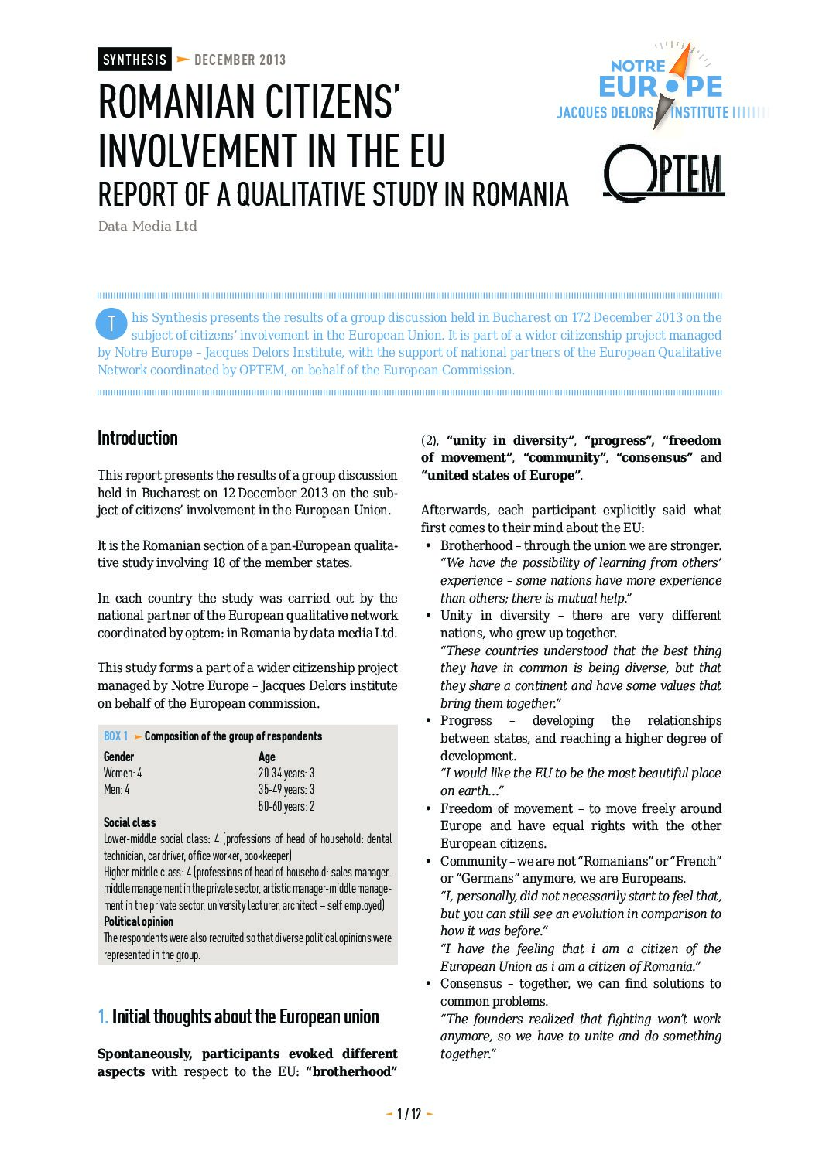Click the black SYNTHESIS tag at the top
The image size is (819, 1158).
click(134, 60)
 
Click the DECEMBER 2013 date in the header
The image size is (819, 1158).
click(240, 60)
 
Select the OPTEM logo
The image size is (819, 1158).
click(663, 173)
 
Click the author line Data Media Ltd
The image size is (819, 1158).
click(147, 226)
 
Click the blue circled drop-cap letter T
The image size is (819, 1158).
click(111, 324)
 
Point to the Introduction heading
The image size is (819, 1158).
click(138, 438)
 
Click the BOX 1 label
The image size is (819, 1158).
click(116, 736)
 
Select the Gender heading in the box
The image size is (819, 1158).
click(118, 757)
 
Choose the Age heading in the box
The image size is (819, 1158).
click(266, 757)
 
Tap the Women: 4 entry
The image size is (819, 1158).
click(122, 773)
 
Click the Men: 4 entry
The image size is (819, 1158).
click(116, 789)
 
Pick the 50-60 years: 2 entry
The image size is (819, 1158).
click(286, 806)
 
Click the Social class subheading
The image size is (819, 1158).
click(129, 822)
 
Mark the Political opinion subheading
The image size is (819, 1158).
click(139, 921)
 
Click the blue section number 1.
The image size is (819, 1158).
click(102, 1016)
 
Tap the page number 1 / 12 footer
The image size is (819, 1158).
click(409, 1114)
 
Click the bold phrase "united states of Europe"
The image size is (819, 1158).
click(500, 475)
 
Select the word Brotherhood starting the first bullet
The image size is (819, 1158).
click(476, 545)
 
